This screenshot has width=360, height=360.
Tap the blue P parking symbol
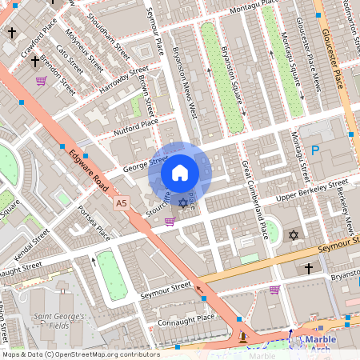315,150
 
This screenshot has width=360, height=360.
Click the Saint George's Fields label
58,321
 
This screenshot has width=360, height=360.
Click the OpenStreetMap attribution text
80,354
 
